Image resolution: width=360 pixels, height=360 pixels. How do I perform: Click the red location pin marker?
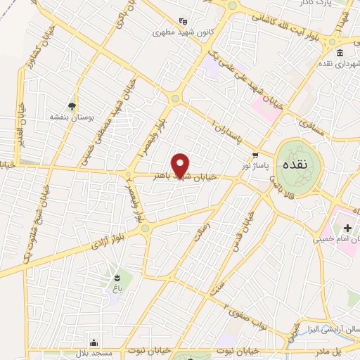coord(181,165)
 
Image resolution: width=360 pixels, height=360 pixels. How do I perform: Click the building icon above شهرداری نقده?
coord(340,54)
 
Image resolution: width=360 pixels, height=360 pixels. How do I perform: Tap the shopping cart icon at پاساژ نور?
coord(255,154)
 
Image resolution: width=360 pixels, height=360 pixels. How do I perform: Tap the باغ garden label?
coord(114,288)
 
